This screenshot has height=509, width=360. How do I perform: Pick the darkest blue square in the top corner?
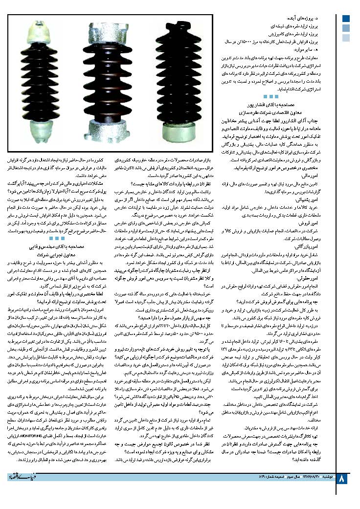pyautogui.click(x=346, y=19)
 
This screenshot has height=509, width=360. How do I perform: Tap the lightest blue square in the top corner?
pyautogui.click(x=346, y=36)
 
